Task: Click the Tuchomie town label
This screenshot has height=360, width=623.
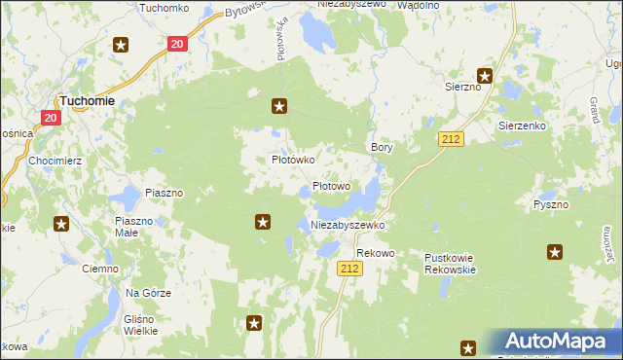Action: point(88,100)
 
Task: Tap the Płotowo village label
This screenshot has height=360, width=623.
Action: point(331,186)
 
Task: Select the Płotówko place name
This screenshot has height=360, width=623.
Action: point(290,160)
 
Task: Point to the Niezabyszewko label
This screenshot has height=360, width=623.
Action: point(348,225)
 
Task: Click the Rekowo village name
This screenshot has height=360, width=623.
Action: point(375,253)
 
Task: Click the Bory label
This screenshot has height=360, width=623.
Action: point(382,147)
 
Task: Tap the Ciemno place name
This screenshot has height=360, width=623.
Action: point(99,269)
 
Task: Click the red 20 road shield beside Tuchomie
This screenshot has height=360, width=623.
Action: point(51,117)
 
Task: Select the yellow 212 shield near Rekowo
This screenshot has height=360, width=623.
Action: point(350,269)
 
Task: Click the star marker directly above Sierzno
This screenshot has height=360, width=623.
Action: point(484,75)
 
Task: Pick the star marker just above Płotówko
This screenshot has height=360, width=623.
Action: point(279,106)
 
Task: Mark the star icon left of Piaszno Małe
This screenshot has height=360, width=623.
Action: point(61,224)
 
